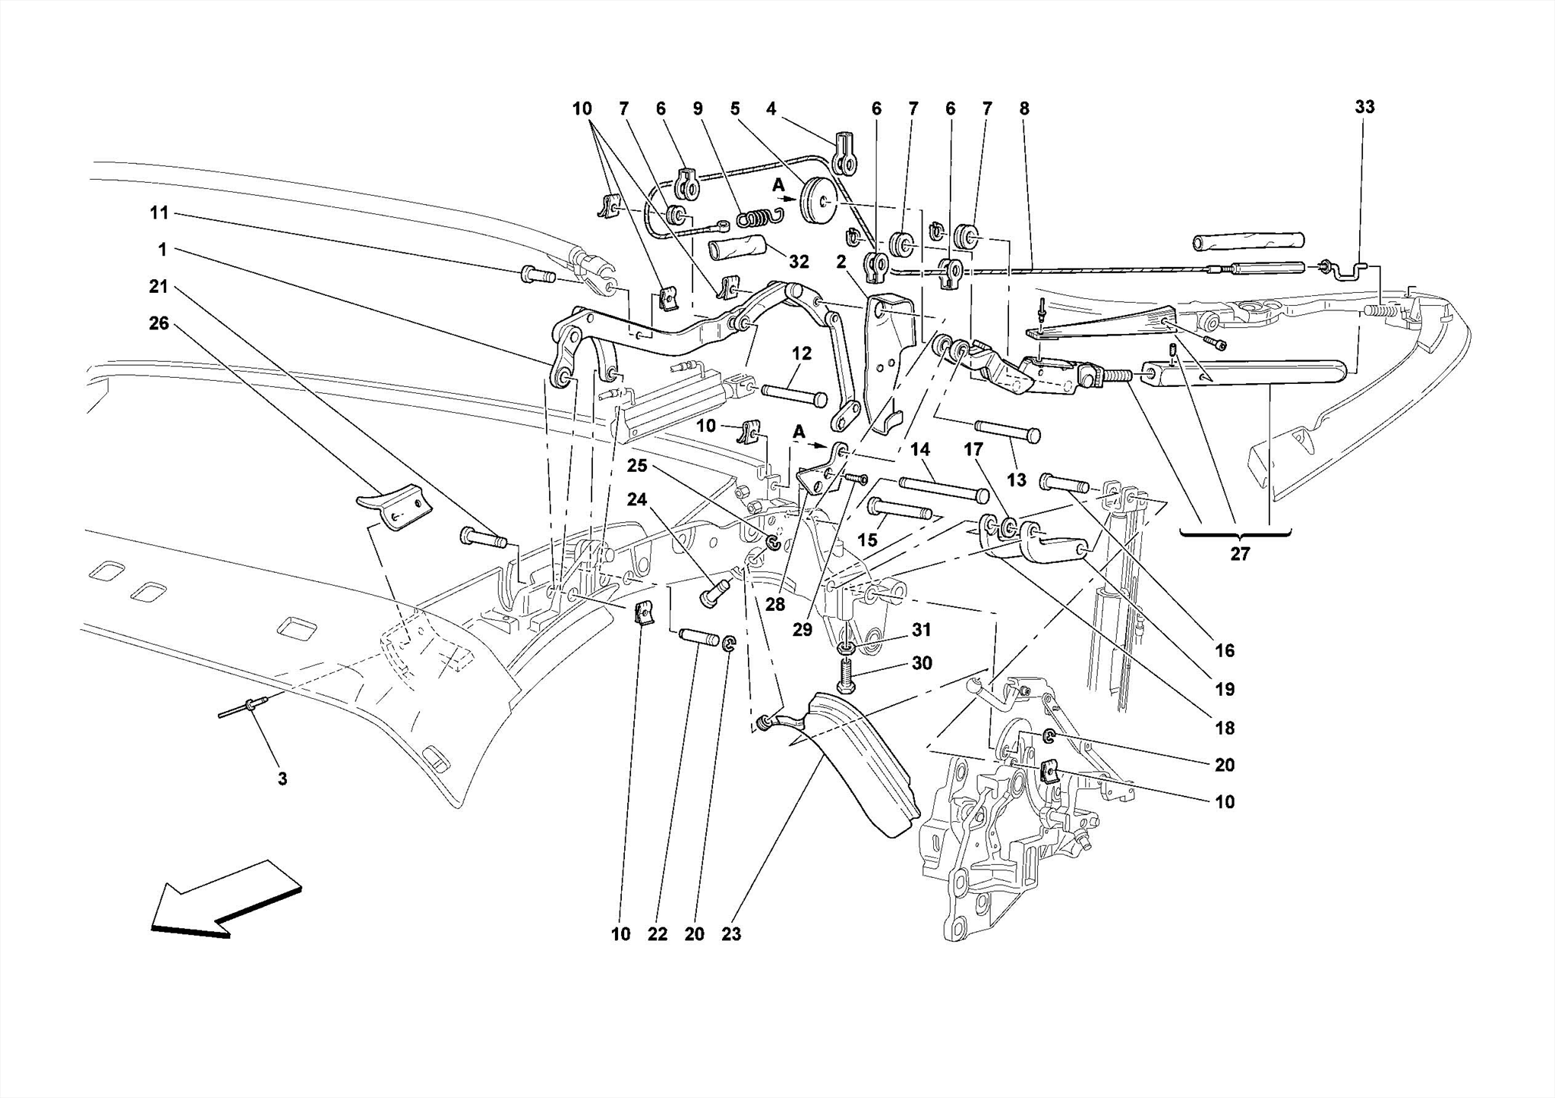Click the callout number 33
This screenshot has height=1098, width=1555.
click(x=1364, y=107)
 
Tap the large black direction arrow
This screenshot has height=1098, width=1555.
click(x=226, y=900)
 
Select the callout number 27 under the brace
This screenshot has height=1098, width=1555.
click(x=1239, y=555)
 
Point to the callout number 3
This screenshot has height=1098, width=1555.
click(x=282, y=779)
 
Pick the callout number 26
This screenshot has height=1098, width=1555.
click(x=159, y=323)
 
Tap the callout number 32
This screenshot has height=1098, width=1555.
click(x=798, y=262)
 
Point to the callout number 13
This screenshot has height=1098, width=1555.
click(x=1017, y=480)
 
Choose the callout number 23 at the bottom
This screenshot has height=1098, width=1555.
click(x=730, y=934)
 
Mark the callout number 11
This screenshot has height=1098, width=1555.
click(x=159, y=213)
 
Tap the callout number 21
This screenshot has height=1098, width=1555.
click(x=158, y=286)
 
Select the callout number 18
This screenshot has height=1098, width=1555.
click(x=1224, y=728)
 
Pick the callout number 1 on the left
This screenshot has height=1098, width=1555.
click(x=162, y=250)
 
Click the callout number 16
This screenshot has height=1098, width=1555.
click(x=1224, y=650)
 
